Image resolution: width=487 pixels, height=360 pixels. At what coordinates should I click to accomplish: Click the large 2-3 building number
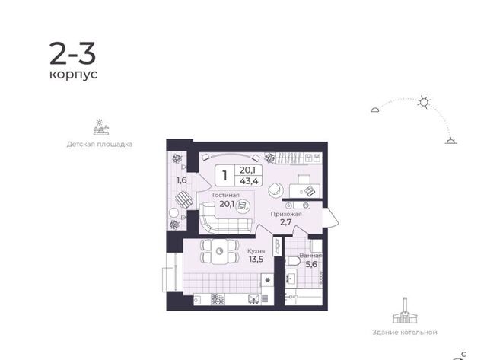[x=73, y=54]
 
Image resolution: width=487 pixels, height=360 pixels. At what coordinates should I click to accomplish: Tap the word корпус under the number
[x=74, y=75]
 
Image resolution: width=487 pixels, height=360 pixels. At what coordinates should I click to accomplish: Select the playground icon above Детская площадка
[x=101, y=127]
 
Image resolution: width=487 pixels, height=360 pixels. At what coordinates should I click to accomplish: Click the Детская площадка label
[x=100, y=144]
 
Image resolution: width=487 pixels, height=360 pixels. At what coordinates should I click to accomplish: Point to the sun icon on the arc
[x=424, y=102]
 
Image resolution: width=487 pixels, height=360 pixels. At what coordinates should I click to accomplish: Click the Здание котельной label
[x=405, y=333]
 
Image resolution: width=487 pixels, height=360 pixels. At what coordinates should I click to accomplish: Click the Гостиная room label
[x=226, y=195]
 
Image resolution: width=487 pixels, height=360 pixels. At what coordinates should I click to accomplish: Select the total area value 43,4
[x=249, y=181]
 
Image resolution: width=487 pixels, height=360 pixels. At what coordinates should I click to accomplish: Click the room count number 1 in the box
[x=225, y=176]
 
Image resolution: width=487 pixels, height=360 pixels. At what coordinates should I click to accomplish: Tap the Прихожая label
[x=286, y=214]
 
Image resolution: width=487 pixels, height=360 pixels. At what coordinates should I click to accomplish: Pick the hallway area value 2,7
[x=286, y=222]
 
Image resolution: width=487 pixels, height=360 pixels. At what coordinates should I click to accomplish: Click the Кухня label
[x=256, y=251]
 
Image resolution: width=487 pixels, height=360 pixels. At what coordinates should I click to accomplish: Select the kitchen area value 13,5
[x=256, y=259]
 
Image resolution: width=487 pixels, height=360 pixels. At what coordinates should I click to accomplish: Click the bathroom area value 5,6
[x=311, y=264]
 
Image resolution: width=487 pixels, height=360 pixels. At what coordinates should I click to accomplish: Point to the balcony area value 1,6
[x=182, y=180]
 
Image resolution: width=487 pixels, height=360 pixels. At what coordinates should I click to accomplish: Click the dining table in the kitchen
[x=220, y=251]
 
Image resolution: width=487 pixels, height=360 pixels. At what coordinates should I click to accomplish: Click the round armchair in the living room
[x=275, y=190]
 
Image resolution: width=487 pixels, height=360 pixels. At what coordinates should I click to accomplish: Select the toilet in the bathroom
[x=292, y=260]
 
